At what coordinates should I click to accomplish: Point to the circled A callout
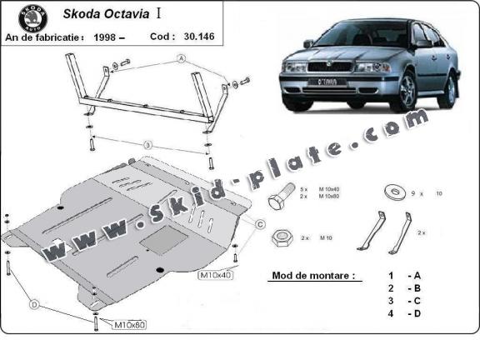(x=180, y=59)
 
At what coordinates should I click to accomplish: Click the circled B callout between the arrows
(x=147, y=145)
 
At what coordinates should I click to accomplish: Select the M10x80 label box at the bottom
(x=130, y=323)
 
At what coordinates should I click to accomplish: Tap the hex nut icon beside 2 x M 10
(x=281, y=237)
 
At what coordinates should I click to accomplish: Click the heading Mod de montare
(x=311, y=275)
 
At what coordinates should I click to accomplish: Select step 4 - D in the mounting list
(x=402, y=313)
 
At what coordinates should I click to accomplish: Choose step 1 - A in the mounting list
(x=402, y=275)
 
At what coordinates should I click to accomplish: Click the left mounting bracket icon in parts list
(x=372, y=231)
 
